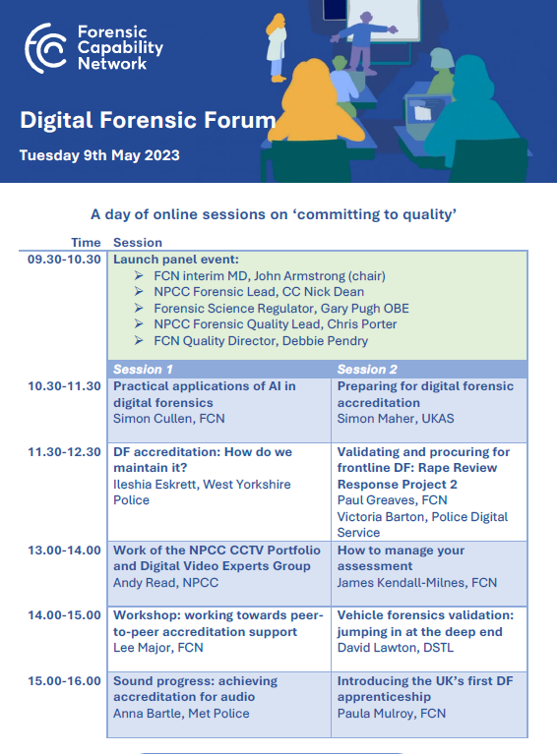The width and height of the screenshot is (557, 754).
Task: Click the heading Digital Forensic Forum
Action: point(148,121)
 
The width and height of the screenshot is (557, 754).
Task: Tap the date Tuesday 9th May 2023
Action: point(99,155)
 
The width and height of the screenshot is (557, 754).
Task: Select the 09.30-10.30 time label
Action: point(65,260)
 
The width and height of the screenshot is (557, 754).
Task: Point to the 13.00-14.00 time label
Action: point(65,551)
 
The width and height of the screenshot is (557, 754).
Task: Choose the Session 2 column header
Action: point(367,370)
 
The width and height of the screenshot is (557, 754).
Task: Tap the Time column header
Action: point(86,243)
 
